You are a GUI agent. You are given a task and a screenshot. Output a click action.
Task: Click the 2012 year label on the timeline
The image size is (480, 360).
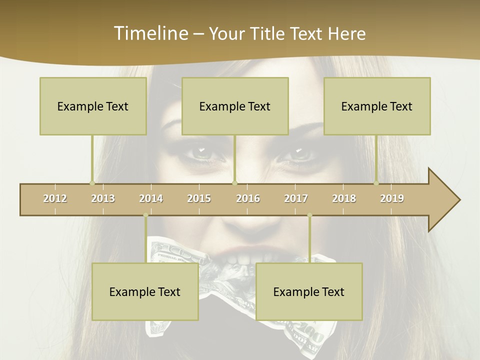[x=55, y=198]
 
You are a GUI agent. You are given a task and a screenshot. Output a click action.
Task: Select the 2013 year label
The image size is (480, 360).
[x=103, y=198]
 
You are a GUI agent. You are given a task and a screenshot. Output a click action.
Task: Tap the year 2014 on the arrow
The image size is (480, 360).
[x=151, y=198]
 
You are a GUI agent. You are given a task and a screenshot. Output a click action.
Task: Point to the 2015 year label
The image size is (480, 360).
[x=199, y=198]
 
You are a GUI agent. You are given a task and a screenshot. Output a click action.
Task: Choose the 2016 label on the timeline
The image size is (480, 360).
[x=248, y=198]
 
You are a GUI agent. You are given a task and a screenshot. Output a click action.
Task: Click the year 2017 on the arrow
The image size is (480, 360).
[x=296, y=198]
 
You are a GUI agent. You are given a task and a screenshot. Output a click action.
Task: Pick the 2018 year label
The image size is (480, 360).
[x=344, y=198]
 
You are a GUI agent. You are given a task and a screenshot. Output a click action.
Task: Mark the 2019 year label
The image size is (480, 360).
[x=392, y=198]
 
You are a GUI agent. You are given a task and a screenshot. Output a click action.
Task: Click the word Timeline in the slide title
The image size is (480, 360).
[x=150, y=33]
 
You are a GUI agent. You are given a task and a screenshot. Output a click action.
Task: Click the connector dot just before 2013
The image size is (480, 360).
[x=92, y=183]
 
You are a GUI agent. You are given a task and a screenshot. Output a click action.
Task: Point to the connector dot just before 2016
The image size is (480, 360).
[x=234, y=183]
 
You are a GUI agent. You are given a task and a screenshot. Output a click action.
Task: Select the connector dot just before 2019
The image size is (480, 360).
[x=376, y=183]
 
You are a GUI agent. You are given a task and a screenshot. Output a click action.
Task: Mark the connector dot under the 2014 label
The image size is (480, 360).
[x=145, y=215]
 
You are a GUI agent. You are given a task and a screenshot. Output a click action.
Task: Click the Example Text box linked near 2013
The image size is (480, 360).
[x=93, y=106]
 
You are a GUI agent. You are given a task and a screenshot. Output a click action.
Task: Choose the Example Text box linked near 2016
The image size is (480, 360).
[x=235, y=106]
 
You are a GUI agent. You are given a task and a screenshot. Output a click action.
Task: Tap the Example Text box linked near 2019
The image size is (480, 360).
[x=377, y=106]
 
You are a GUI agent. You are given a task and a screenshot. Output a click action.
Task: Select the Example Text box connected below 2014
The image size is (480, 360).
[x=145, y=292]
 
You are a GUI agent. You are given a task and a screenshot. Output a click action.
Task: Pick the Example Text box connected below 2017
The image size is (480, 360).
[x=309, y=292]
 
